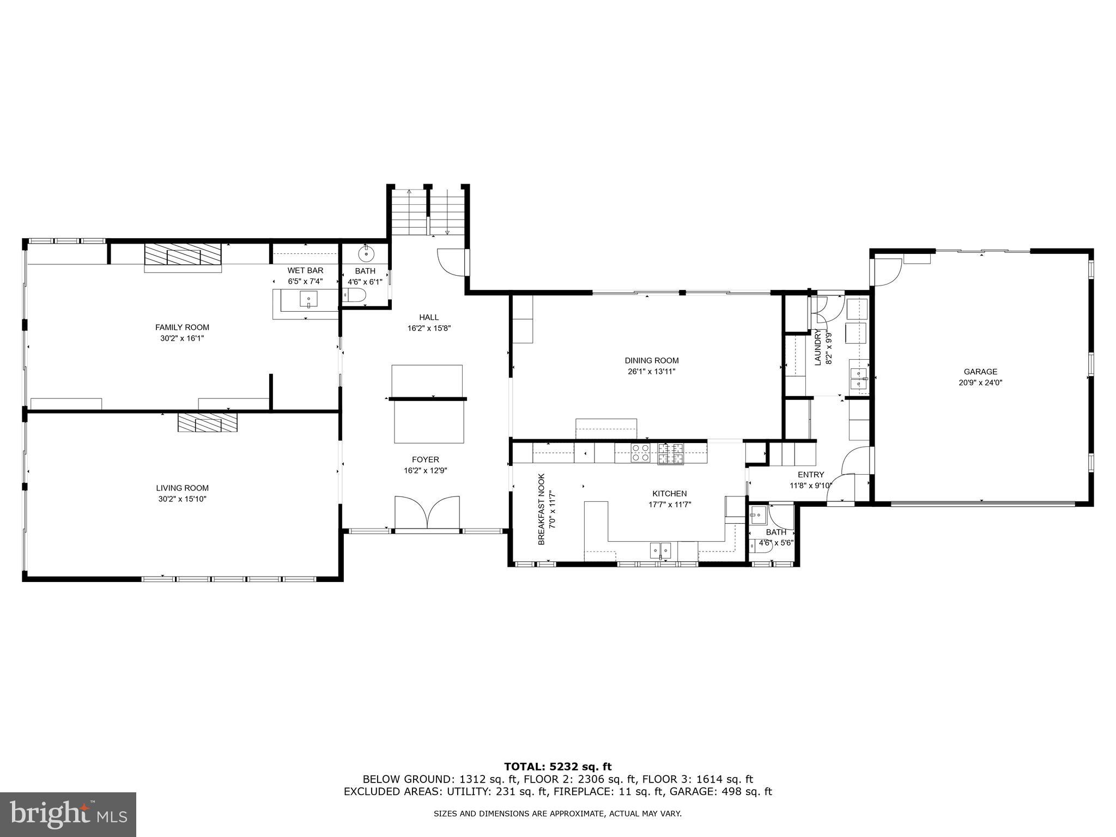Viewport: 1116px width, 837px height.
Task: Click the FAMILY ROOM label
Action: pyautogui.click(x=182, y=327)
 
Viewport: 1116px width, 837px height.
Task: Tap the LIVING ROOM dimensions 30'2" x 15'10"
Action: pyautogui.click(x=182, y=499)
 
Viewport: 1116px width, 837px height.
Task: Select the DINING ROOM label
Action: pyautogui.click(x=651, y=361)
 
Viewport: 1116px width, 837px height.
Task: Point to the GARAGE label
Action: pyautogui.click(x=980, y=372)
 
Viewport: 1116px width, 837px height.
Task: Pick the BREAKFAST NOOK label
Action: pyautogui.click(x=541, y=509)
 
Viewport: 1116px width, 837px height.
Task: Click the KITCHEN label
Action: pyautogui.click(x=670, y=494)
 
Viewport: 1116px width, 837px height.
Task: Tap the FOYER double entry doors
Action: pyautogui.click(x=427, y=512)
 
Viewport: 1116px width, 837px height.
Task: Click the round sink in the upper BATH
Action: pyautogui.click(x=366, y=253)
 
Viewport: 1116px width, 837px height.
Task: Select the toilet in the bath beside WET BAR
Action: pyautogui.click(x=355, y=296)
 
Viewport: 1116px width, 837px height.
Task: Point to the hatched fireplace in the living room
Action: pyautogui.click(x=208, y=423)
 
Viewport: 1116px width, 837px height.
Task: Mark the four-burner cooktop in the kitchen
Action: pyautogui.click(x=640, y=453)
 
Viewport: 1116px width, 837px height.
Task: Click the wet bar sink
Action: pyautogui.click(x=308, y=299)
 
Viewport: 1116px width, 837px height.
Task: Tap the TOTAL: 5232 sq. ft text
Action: pyautogui.click(x=557, y=767)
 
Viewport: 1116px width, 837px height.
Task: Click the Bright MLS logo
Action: pyautogui.click(x=68, y=814)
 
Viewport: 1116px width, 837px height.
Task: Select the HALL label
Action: pyautogui.click(x=429, y=317)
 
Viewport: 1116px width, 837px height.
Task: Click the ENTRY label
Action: pyautogui.click(x=811, y=475)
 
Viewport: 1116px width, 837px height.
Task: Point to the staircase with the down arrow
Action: pyautogui.click(x=447, y=213)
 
